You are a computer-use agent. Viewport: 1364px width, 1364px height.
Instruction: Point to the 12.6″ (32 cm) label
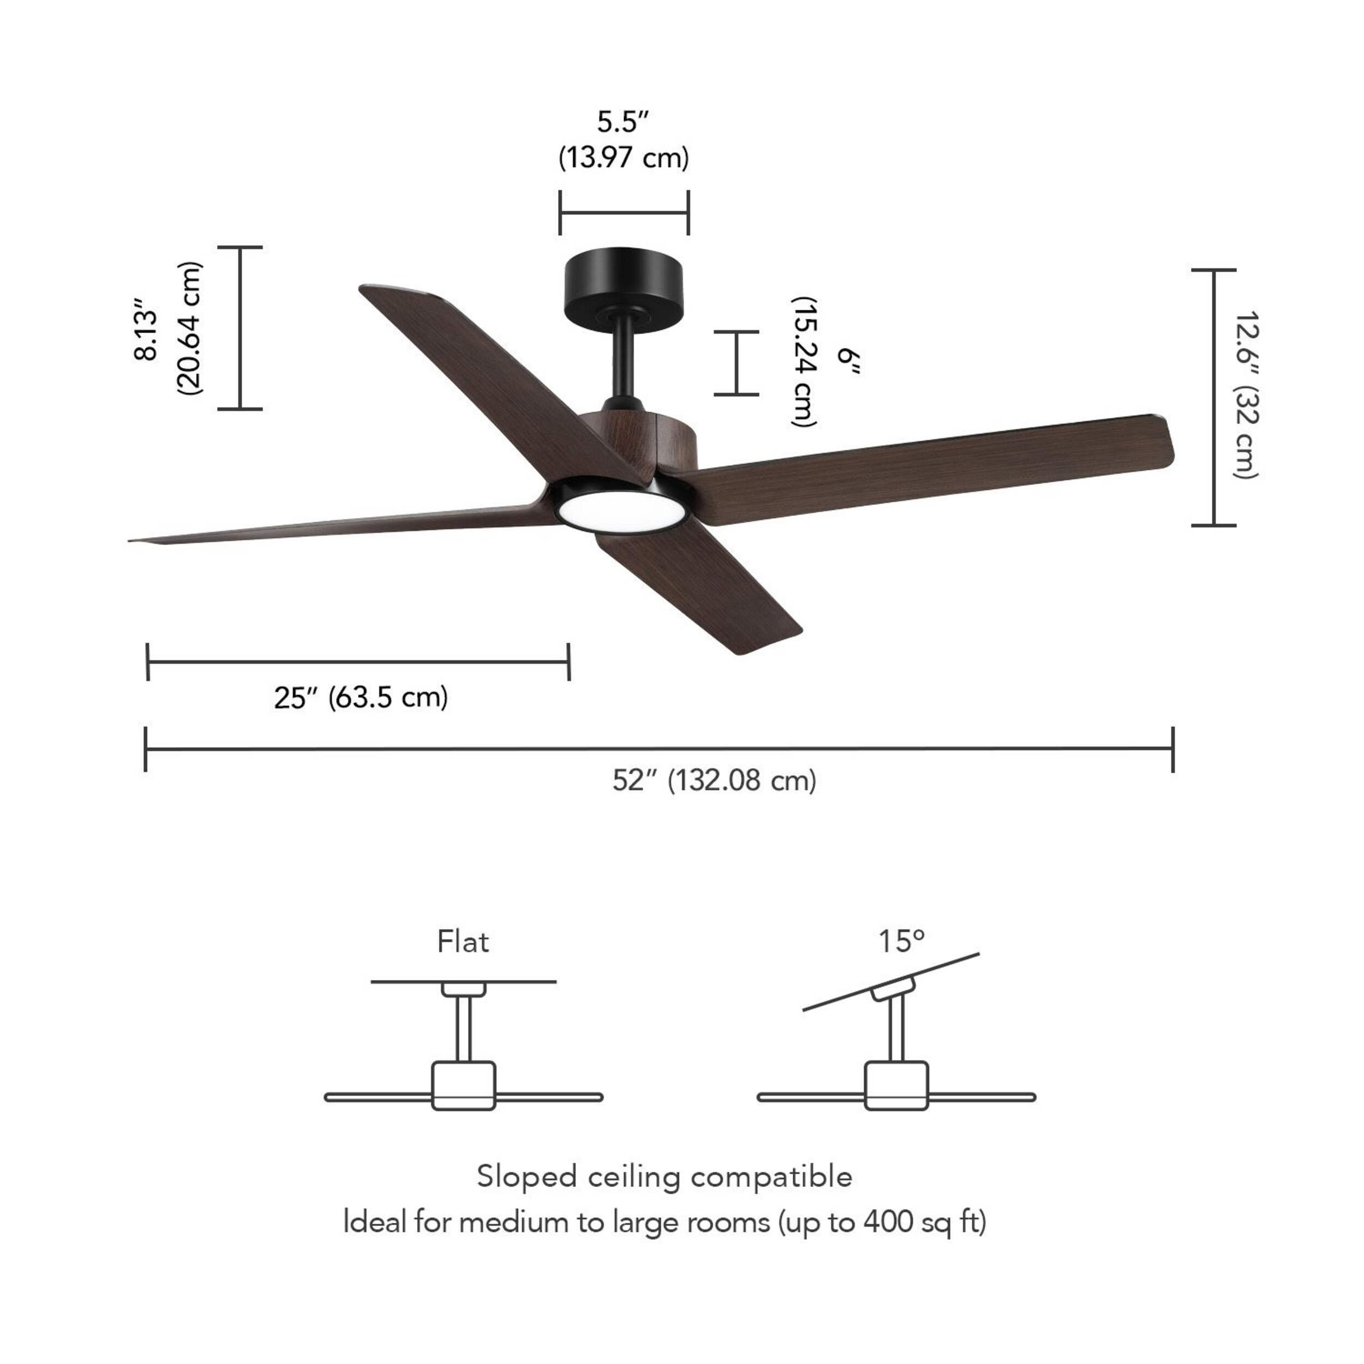(1246, 396)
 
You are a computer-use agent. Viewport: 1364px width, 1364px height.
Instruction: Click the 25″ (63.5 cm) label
(361, 697)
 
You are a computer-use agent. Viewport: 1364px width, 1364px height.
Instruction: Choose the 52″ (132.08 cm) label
(715, 781)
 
